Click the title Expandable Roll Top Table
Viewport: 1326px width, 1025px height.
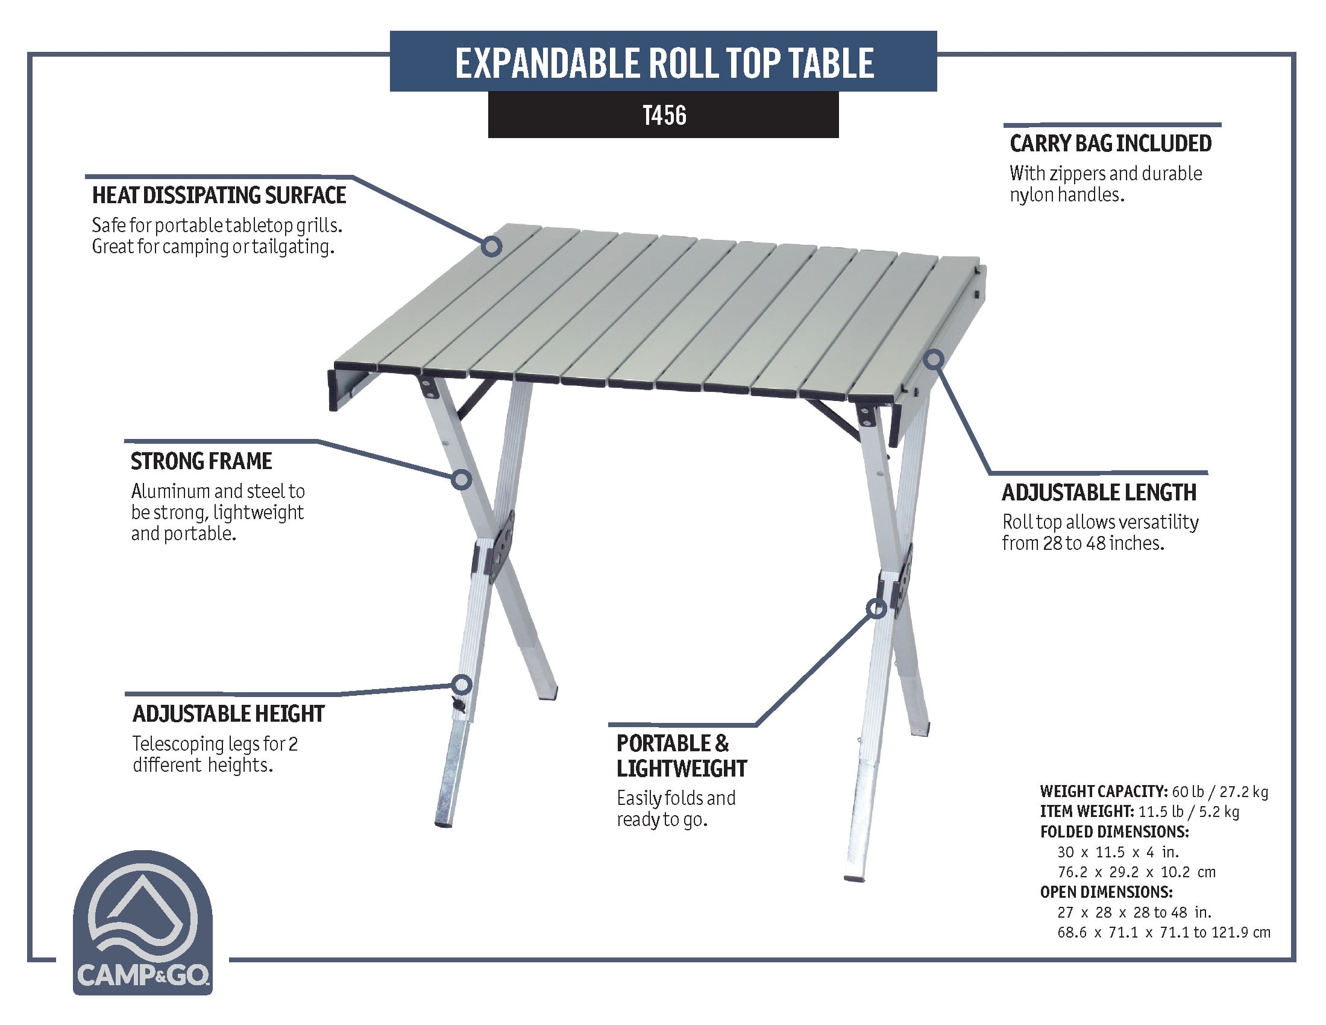point(664,63)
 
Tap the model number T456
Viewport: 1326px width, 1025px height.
point(664,115)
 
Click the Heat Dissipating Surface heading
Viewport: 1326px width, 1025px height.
point(219,195)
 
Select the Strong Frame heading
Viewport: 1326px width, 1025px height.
point(201,461)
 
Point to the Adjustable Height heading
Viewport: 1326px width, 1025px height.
point(228,714)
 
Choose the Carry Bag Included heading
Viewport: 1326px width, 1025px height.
point(1110,143)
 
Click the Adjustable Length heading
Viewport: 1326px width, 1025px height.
point(1099,493)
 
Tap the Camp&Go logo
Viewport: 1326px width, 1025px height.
point(143,922)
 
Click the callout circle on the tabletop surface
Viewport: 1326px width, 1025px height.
point(491,246)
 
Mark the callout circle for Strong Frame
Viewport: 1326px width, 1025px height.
point(462,480)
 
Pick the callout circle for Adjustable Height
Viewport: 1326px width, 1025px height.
point(462,685)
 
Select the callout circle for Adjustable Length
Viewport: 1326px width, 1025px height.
point(934,359)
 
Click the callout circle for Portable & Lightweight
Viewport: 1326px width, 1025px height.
point(876,608)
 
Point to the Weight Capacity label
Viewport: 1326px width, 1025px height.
point(1104,791)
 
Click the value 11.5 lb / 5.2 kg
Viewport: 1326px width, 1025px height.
point(1189,812)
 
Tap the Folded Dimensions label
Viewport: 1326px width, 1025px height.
point(1114,832)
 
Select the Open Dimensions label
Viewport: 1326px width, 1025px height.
point(1106,892)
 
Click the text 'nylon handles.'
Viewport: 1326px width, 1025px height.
point(1067,195)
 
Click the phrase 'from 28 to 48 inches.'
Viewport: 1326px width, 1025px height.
point(1083,543)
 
